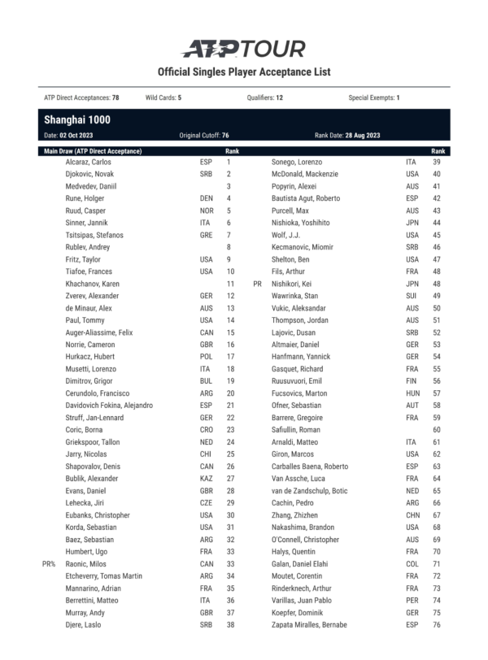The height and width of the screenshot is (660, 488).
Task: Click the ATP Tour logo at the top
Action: (243, 49)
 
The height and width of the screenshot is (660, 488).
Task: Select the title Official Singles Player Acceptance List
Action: (244, 72)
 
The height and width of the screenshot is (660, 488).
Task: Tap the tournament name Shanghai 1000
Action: (77, 119)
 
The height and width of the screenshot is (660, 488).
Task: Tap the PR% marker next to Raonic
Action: (49, 563)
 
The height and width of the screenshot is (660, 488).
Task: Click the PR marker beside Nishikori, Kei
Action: (257, 284)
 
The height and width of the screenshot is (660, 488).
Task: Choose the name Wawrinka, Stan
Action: (294, 296)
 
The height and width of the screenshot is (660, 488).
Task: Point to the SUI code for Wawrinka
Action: (411, 296)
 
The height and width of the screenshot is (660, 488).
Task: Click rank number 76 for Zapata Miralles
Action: (437, 624)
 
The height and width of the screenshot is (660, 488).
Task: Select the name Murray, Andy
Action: (85, 612)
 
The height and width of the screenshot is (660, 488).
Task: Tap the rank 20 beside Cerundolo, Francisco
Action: (230, 393)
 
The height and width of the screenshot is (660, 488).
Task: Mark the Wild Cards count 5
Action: (179, 98)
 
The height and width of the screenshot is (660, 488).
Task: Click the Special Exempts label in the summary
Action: (372, 98)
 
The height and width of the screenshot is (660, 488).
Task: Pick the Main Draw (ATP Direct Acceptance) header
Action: (93, 151)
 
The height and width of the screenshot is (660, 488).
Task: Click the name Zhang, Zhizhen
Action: (294, 515)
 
